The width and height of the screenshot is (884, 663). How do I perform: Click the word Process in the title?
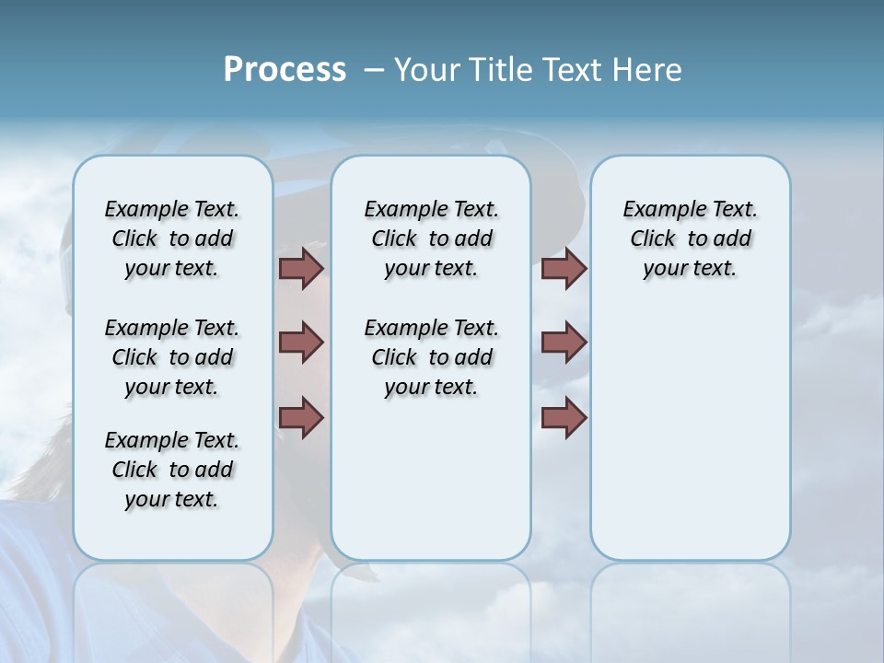point(285,69)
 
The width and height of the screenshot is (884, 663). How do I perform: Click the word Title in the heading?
point(500,69)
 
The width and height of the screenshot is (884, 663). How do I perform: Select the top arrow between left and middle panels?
point(301,269)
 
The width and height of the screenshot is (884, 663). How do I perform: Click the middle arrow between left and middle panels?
point(301,343)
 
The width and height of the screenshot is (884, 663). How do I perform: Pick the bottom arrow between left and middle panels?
point(301,417)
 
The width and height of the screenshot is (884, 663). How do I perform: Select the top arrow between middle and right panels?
point(564,269)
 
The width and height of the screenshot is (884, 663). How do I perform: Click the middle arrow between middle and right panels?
point(564,343)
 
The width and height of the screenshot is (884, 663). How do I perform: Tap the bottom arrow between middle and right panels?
point(564,417)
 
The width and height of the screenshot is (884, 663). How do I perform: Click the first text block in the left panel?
point(172,238)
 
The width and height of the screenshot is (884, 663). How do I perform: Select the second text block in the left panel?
point(172,357)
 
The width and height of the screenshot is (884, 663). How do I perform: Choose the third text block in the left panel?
point(172,470)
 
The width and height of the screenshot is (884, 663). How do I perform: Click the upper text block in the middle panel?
point(431,238)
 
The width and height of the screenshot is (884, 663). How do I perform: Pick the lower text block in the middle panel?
point(431,357)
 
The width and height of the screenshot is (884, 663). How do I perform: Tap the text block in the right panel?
point(691,238)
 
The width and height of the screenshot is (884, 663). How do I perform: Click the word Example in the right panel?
point(658,210)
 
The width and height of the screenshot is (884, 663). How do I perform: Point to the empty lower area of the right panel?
point(691,442)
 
